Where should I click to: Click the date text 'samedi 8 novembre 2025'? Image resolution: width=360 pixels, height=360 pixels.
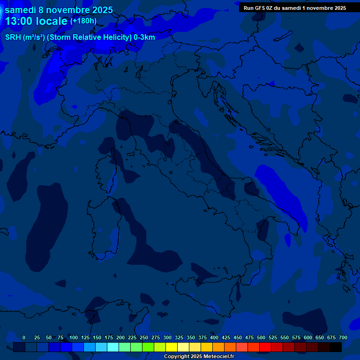click(x=59, y=10)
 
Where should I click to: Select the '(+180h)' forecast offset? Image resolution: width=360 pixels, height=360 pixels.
click(x=83, y=21)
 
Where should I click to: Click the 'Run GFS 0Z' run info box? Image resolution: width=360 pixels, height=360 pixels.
click(x=294, y=8)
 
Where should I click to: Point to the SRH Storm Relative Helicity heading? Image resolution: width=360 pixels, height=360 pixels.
click(x=80, y=37)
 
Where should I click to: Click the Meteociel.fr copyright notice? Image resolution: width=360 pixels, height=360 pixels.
click(x=199, y=357)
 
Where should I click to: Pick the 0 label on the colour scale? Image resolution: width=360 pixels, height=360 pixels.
click(x=24, y=337)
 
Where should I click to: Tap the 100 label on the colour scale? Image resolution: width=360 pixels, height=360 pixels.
click(x=74, y=337)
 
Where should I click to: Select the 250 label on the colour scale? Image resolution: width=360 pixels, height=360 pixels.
click(x=144, y=337)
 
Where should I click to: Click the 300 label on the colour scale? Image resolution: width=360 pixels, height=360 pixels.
click(x=167, y=337)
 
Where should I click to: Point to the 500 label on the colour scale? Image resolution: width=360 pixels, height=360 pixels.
click(x=261, y=337)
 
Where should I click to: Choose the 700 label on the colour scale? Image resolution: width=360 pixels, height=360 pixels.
click(x=343, y=337)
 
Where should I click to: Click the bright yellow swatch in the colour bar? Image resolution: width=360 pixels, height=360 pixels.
click(x=172, y=347)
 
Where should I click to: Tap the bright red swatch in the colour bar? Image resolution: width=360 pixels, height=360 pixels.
click(x=265, y=347)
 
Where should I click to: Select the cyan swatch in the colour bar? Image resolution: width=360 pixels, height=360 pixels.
click(x=113, y=347)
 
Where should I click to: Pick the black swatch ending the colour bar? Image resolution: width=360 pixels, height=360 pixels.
click(x=336, y=347)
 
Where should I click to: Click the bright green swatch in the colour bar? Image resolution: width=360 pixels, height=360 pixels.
click(x=148, y=347)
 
